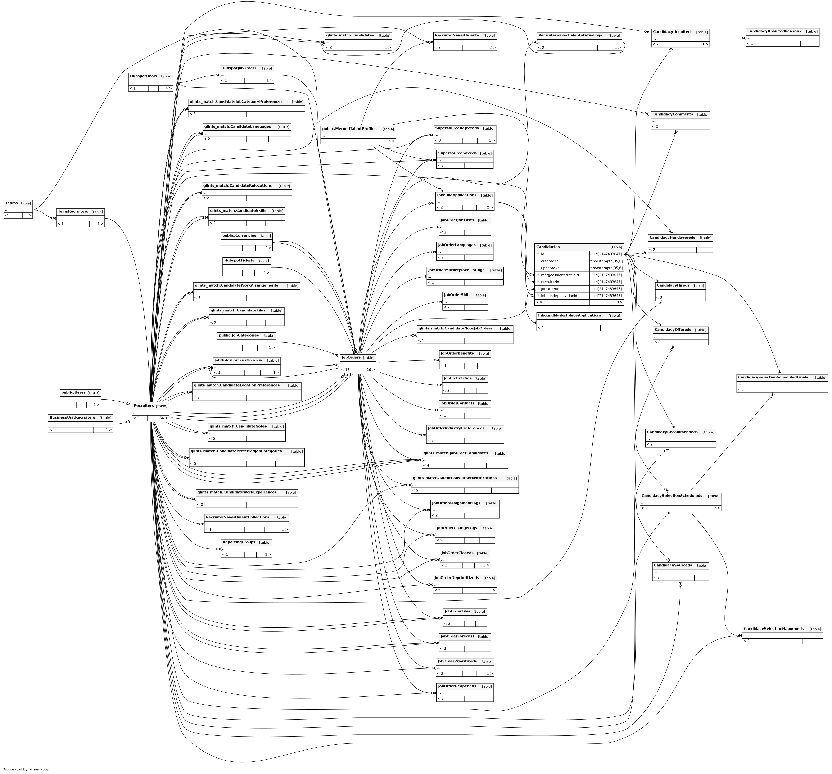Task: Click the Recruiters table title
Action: pyautogui.click(x=144, y=406)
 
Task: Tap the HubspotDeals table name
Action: pyautogui.click(x=143, y=76)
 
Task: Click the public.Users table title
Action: pyautogui.click(x=73, y=392)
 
